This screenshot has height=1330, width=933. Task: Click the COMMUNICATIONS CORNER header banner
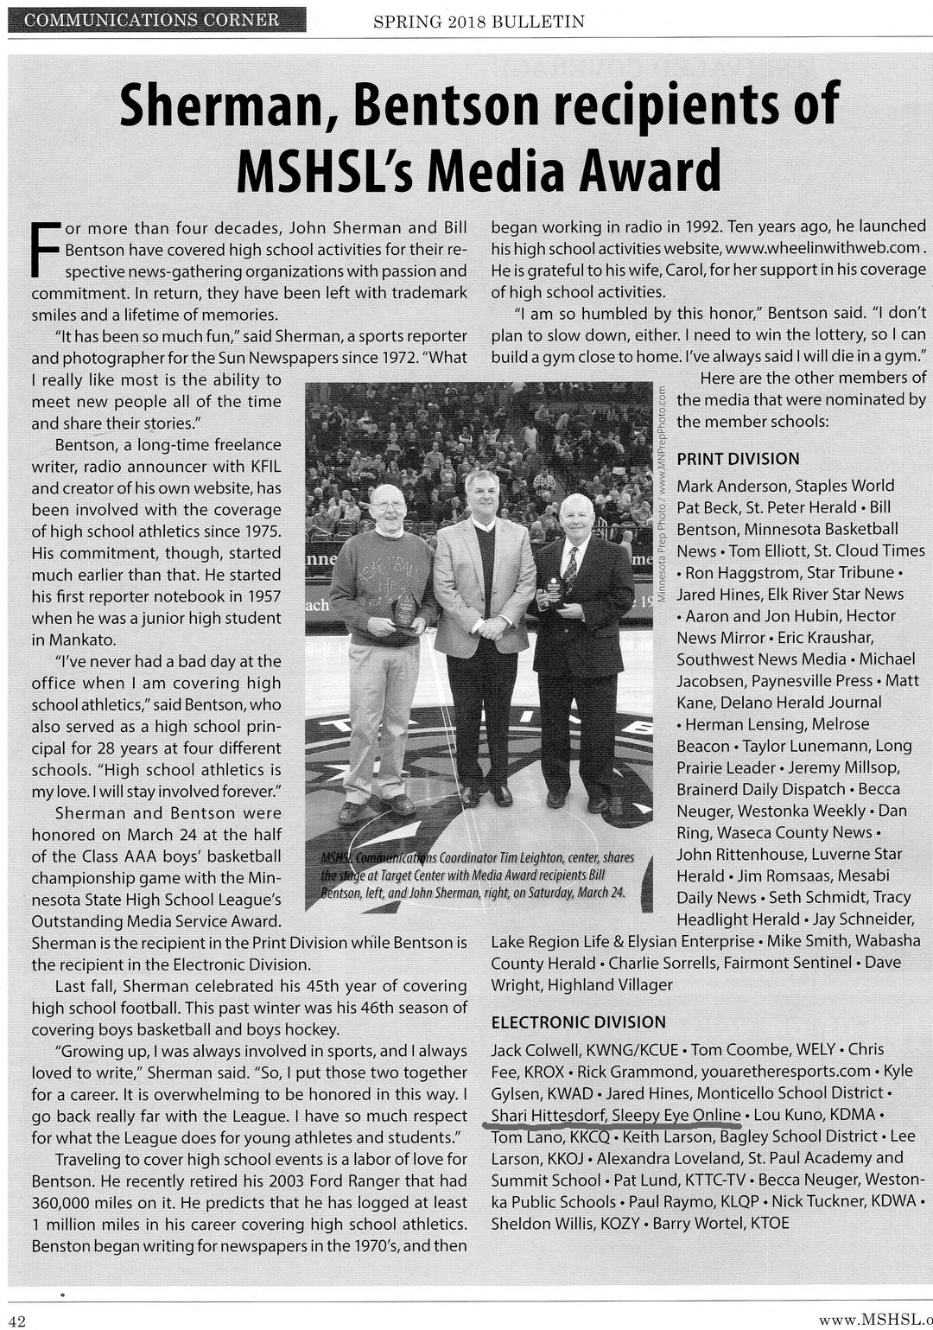[x=154, y=19]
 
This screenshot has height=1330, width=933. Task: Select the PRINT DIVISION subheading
[x=738, y=459]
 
